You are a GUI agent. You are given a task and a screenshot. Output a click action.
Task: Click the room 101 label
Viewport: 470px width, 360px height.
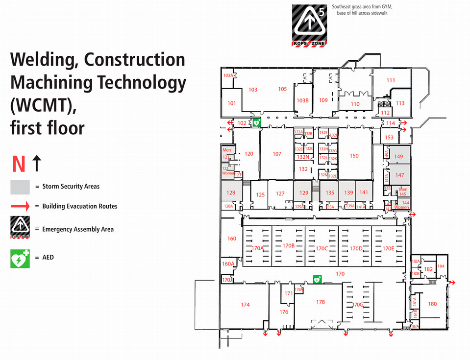[232, 103]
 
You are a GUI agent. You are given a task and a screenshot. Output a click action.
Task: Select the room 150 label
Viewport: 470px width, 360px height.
[354, 156]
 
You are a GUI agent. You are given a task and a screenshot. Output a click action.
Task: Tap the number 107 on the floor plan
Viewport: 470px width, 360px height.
[277, 154]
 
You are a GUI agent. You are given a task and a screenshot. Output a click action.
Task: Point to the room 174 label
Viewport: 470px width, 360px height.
[245, 305]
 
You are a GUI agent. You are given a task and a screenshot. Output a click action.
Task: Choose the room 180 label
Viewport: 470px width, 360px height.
[432, 304]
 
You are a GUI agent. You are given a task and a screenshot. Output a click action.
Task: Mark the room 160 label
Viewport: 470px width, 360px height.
[232, 239]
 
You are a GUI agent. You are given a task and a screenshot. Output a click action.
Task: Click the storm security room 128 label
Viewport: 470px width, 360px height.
[231, 192]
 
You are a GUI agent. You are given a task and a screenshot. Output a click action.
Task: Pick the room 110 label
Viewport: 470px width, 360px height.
[355, 104]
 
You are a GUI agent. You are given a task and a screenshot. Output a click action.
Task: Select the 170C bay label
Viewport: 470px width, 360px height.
[322, 248]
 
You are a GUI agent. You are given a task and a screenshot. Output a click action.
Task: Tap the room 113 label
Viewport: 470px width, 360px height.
[400, 103]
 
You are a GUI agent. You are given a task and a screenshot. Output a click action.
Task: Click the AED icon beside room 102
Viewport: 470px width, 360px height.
[256, 122]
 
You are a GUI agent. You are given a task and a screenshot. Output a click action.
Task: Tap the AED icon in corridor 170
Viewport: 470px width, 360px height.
[317, 280]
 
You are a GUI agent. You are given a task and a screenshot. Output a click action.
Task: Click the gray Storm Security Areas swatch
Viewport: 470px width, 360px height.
[20, 187]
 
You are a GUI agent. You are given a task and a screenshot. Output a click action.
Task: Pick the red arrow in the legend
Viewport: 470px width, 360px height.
[20, 206]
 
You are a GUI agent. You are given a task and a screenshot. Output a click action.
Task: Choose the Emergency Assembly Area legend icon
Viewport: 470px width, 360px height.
[20, 228]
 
